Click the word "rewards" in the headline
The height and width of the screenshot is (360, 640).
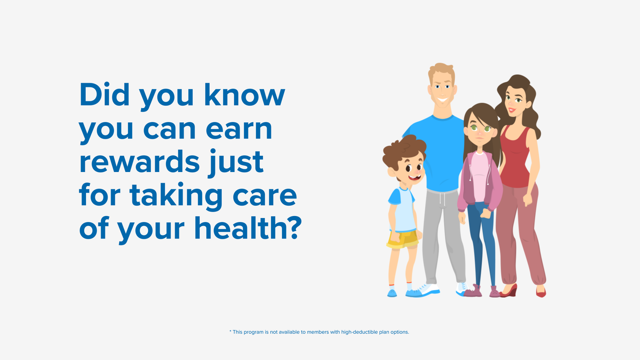click(140, 162)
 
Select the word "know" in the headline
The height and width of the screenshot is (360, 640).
click(244, 95)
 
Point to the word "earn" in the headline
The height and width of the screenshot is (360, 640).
click(239, 129)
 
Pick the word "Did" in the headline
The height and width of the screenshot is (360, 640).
click(104, 95)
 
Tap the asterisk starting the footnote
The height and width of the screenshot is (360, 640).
click(230, 331)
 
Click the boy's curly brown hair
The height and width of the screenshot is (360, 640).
click(403, 152)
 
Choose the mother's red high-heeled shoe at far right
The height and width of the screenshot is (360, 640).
click(541, 292)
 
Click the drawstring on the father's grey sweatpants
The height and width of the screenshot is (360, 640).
click(442, 199)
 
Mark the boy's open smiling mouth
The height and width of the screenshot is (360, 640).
click(415, 178)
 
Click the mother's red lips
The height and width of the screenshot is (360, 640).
click(512, 110)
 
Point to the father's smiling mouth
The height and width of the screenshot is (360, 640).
click(442, 100)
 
